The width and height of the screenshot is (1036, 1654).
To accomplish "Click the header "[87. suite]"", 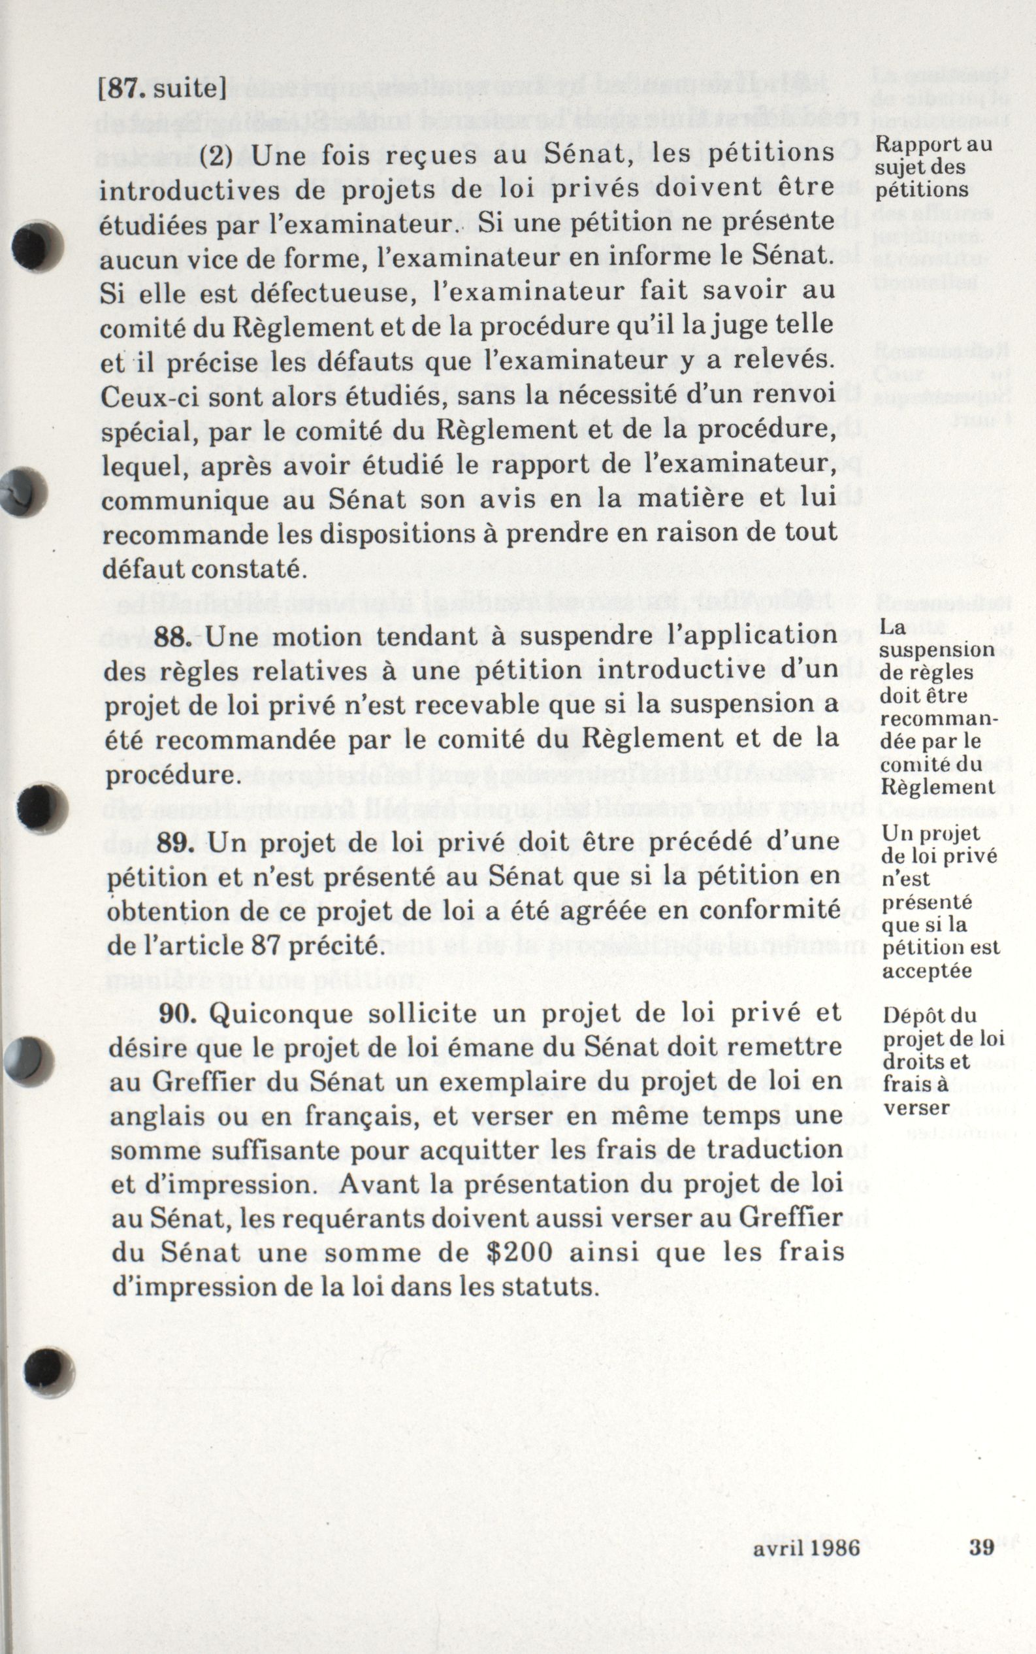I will click(x=163, y=90).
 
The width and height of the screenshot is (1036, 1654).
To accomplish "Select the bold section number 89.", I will click(x=176, y=842).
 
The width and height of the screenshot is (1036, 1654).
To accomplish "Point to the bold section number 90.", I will click(x=178, y=1013).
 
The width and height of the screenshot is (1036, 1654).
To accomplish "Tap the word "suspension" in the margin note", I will click(x=937, y=649).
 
